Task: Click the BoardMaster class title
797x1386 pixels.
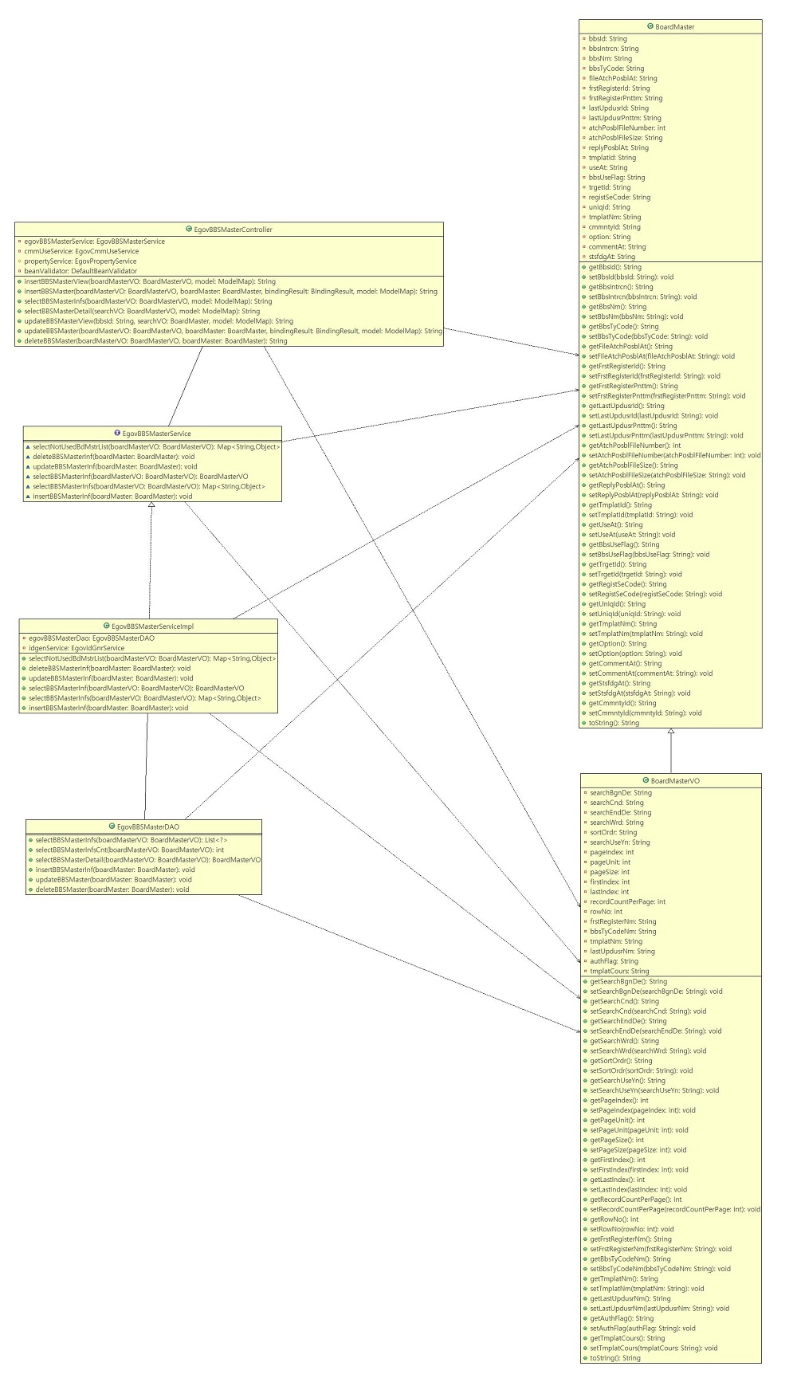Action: click(x=674, y=27)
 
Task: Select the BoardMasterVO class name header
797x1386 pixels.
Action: click(x=673, y=781)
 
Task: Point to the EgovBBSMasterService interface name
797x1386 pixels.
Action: click(x=156, y=434)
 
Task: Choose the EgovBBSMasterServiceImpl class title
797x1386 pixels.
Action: click(x=152, y=626)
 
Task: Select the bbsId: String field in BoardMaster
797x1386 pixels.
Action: click(x=607, y=39)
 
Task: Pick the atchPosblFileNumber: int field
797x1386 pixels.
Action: click(x=626, y=128)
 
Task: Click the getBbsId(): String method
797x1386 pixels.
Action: click(x=614, y=267)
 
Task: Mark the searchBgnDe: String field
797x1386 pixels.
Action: click(x=620, y=793)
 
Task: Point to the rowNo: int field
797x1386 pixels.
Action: click(x=606, y=912)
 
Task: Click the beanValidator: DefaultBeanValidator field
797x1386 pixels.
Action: click(x=80, y=271)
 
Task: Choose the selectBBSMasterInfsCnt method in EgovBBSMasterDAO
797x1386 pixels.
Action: click(x=129, y=850)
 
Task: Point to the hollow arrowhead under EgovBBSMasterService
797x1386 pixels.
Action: click(x=151, y=506)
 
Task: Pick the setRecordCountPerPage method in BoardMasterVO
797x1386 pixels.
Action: click(x=674, y=1209)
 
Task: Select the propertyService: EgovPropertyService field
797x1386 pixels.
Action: click(x=80, y=261)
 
